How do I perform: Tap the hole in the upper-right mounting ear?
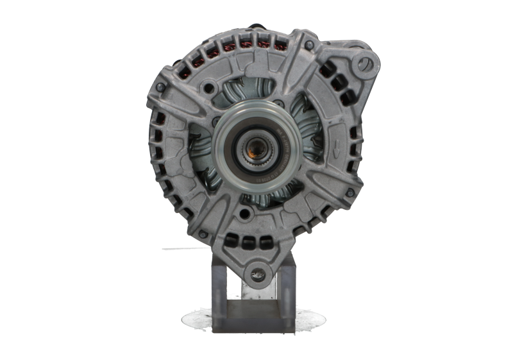[x=366, y=62]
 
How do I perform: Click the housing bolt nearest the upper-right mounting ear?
[x=311, y=45]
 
